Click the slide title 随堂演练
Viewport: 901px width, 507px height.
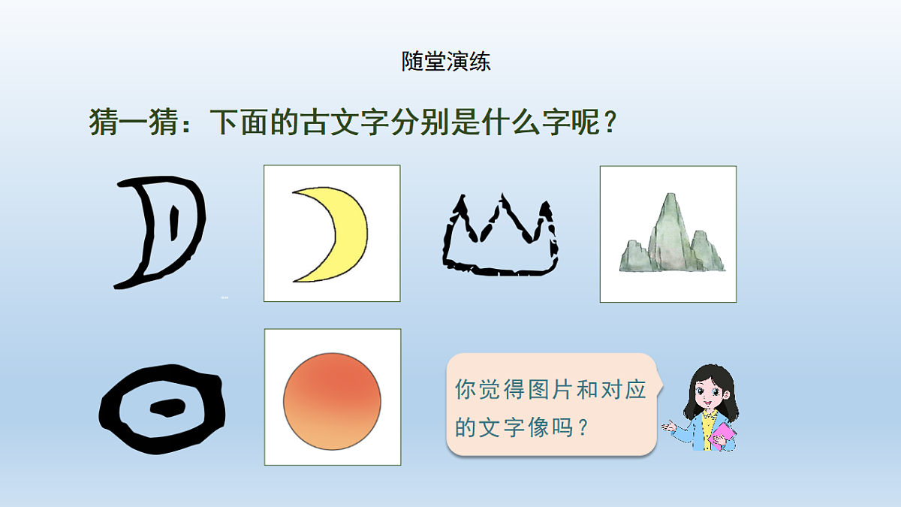point(446,62)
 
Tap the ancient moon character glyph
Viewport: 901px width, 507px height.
point(159,231)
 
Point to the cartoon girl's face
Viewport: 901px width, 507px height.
point(705,391)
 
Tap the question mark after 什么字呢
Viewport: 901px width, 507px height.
point(610,122)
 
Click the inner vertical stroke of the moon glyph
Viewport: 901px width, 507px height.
point(174,223)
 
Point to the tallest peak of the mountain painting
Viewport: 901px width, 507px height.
point(668,199)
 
